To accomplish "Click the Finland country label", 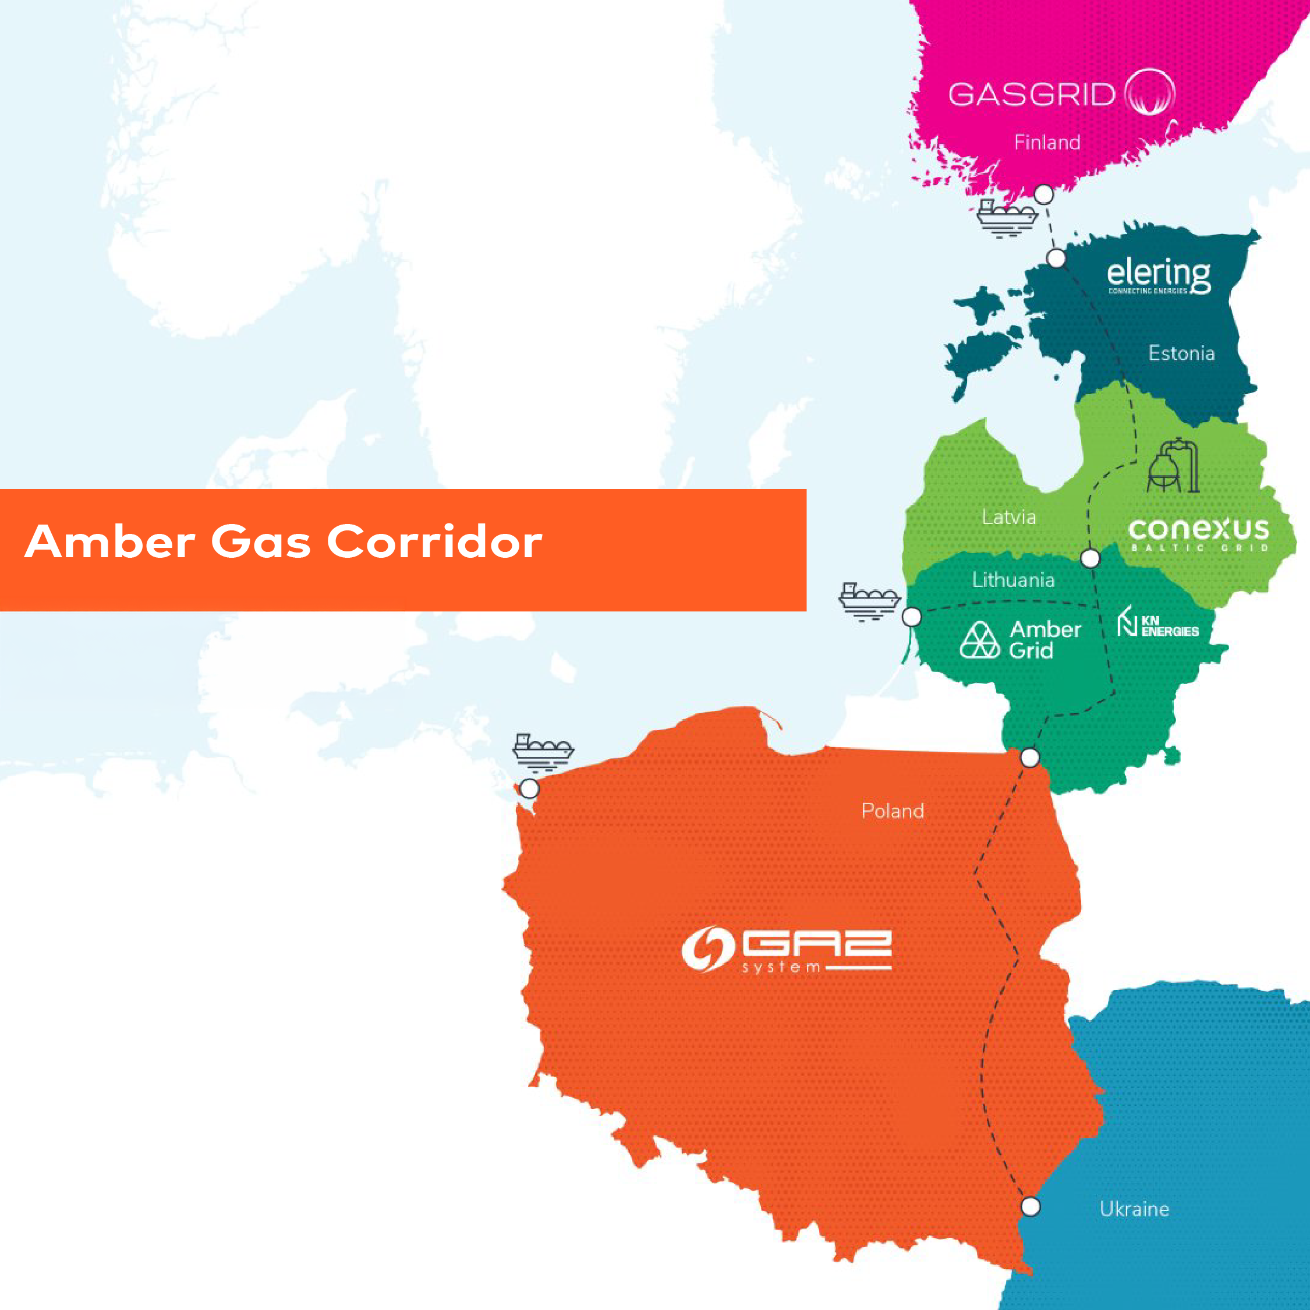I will coord(1047,143).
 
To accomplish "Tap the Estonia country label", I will coord(1181,353).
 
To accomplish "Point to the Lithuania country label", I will coord(1013,580).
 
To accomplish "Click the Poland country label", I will coord(893,810).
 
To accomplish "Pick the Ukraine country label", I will coord(1134,1208).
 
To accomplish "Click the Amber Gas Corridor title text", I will coord(284,542).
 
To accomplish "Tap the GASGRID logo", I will coord(1061,94).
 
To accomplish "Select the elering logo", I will coord(1158,275).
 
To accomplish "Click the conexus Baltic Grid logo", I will coord(1199,534).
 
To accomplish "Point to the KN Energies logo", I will coord(1157,623).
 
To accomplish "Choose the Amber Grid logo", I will coord(1021,639).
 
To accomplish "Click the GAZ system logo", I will coord(787,949).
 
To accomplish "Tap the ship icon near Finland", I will coord(1007,218).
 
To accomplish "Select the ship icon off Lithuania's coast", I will coord(869,601).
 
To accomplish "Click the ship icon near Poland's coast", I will coord(543,752).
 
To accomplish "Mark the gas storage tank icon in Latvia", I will coord(1173,466).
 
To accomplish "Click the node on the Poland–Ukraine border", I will coord(1030,1206).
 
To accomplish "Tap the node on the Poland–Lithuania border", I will coord(1029,757).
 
